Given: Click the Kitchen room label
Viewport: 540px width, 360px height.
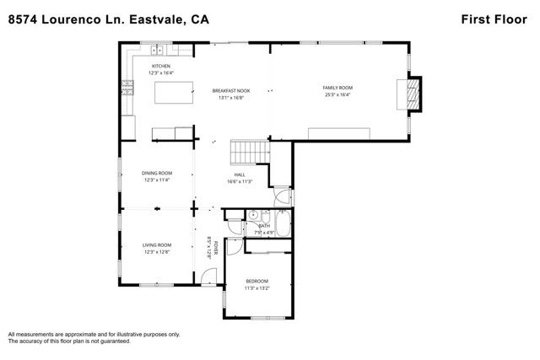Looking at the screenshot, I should (160, 66).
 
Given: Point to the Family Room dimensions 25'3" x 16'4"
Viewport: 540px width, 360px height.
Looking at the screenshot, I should (337, 95).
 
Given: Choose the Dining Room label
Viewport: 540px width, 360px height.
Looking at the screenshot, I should (157, 174).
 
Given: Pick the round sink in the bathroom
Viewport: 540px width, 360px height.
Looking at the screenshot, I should (251, 215).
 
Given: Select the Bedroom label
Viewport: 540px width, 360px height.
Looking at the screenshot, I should (256, 281).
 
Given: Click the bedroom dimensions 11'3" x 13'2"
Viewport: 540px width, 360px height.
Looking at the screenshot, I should (256, 288).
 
